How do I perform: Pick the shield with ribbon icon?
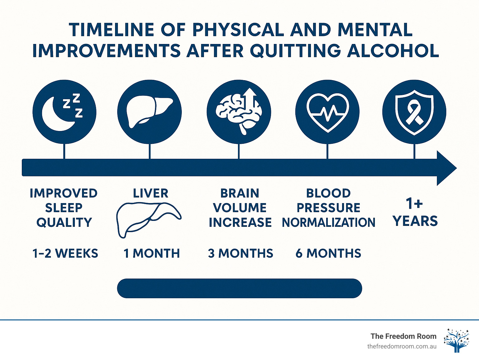coord(414,112)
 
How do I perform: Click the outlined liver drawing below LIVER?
coord(148,219)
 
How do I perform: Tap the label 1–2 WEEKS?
coord(65,253)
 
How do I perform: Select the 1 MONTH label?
coord(152,253)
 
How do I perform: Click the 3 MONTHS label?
coord(240,253)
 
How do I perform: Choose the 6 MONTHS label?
coord(328,253)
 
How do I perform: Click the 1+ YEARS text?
coord(415,212)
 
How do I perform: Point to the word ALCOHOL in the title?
coord(393,51)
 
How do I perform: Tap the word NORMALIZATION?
coord(328,222)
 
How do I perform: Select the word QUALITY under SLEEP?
coord(64,222)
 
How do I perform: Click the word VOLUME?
coord(240,208)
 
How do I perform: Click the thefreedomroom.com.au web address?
coord(402,346)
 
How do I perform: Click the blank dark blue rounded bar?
coord(239,288)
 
